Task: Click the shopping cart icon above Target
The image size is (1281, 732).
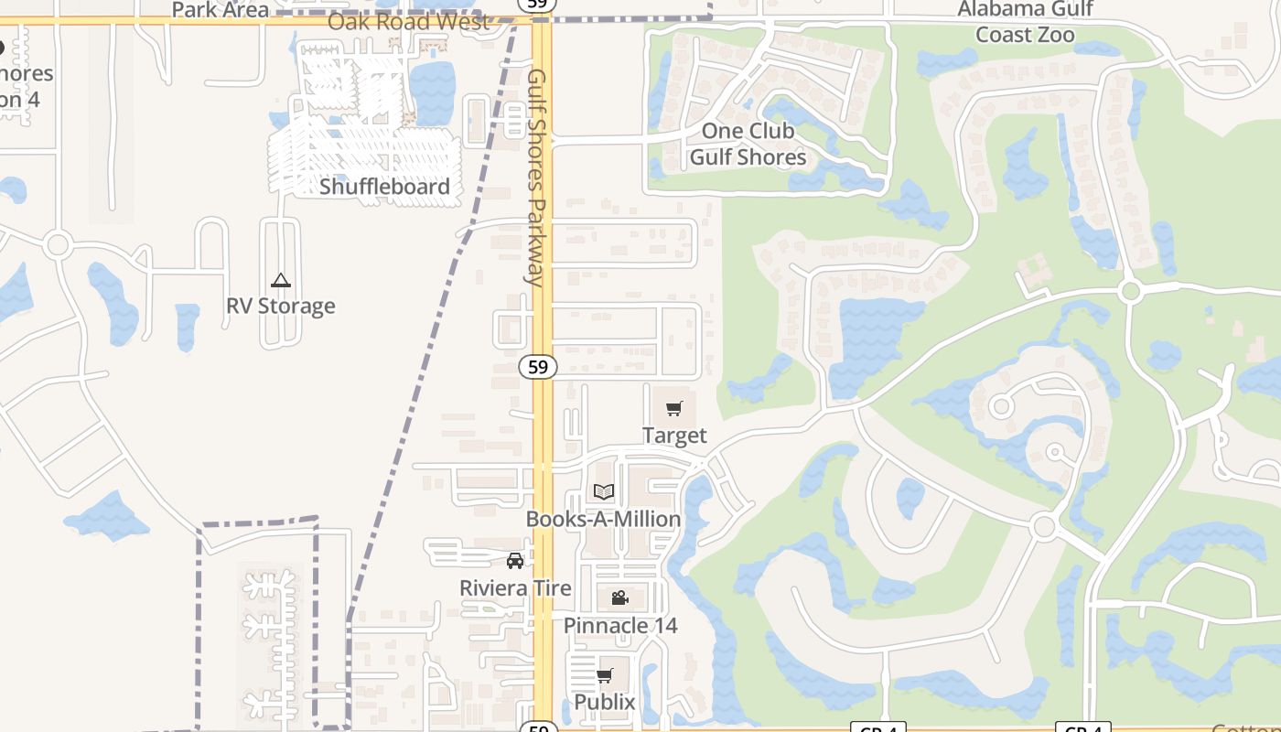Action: pyautogui.click(x=674, y=408)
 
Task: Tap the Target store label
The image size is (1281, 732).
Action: pyautogui.click(x=674, y=436)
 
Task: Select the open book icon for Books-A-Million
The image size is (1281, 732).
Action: pyautogui.click(x=603, y=491)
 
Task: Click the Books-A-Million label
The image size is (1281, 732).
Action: pyautogui.click(x=603, y=519)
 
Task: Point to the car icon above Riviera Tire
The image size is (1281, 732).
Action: pyautogui.click(x=515, y=560)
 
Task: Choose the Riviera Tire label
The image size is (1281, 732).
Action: pyautogui.click(x=515, y=588)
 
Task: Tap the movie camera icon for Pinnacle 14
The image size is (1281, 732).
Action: pyautogui.click(x=619, y=598)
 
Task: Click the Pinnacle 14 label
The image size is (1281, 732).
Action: pyautogui.click(x=620, y=626)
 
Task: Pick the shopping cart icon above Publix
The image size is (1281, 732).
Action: pyautogui.click(x=604, y=675)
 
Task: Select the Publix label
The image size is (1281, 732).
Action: pyautogui.click(x=604, y=702)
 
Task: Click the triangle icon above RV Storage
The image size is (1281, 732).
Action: pyautogui.click(x=281, y=280)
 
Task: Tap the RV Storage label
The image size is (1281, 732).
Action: pyautogui.click(x=281, y=306)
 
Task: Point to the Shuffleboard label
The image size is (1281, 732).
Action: pyautogui.click(x=384, y=187)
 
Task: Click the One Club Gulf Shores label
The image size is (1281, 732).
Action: pyautogui.click(x=748, y=144)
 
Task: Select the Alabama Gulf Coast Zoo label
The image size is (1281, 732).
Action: pyautogui.click(x=1025, y=22)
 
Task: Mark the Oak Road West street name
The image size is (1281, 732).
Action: pyautogui.click(x=408, y=22)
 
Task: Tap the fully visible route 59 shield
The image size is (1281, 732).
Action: pyautogui.click(x=538, y=367)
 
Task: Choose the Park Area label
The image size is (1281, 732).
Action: pyautogui.click(x=221, y=10)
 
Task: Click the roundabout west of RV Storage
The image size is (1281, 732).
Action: pyautogui.click(x=58, y=244)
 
